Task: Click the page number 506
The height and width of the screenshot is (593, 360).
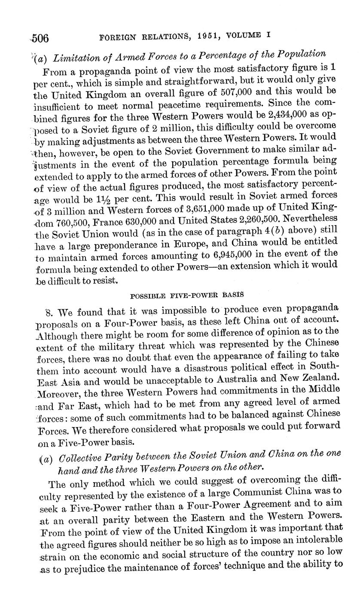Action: coord(40,38)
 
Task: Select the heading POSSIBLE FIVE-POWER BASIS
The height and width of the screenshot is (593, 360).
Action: coord(187,296)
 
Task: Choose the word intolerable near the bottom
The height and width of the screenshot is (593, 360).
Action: coord(317,539)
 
